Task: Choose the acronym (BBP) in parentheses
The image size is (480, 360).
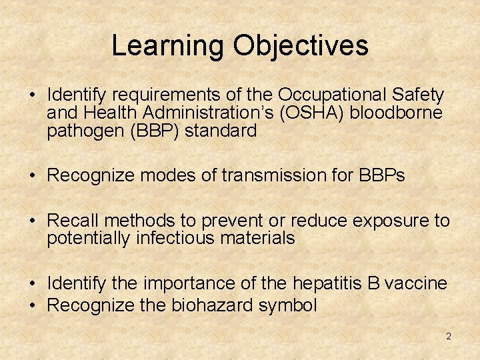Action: coord(153,131)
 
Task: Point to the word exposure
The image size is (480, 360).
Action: coord(387,221)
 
